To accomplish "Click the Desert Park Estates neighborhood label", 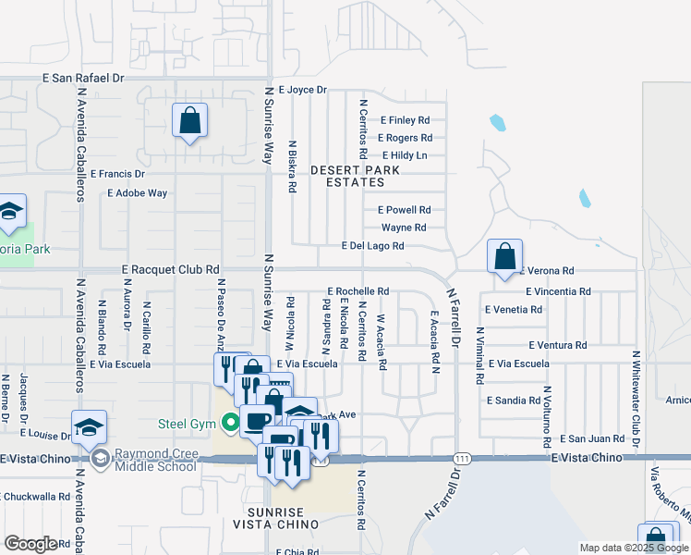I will [356, 177].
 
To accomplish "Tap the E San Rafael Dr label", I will [81, 79].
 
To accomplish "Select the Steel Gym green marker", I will [230, 425].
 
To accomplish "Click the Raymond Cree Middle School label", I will [155, 460].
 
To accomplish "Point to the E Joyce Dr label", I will [296, 90].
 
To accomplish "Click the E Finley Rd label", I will [404, 120].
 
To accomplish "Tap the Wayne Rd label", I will [404, 228].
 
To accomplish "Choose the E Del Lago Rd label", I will [372, 246].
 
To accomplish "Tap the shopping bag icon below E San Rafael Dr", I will [189, 120].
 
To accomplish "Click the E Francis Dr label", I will [117, 173].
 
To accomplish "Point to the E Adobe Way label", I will [138, 193].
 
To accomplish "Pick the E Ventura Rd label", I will [558, 345].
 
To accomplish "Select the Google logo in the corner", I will [30, 544].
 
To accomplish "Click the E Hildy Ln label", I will [404, 155].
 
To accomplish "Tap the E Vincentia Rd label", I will [558, 291].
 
